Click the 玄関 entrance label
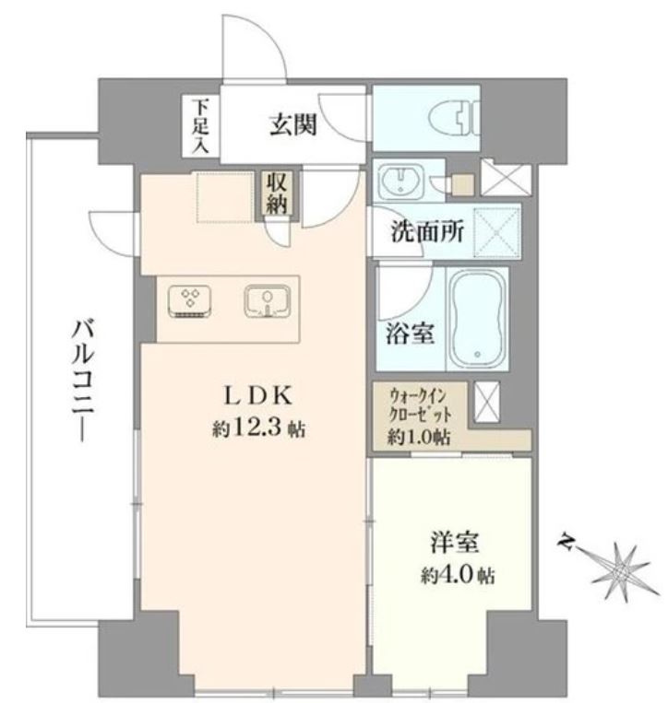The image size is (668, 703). pos(293,124)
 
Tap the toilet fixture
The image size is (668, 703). pos(454,117)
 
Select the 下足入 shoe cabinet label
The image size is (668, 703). pos(200,127)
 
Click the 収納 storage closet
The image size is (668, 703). pos(277,193)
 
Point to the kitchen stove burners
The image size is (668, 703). pos(190,301)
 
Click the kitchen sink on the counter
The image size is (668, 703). pos(268,300)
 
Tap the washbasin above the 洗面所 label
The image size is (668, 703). pos(400,182)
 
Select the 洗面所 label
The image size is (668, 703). pos(426,232)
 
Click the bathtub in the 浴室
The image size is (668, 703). pos(478,319)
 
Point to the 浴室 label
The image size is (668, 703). pos(410,334)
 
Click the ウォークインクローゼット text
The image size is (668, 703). pos(420,405)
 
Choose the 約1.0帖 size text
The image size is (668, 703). pos(418,436)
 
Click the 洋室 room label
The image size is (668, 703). pos(454,542)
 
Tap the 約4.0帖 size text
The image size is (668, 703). pos(458,574)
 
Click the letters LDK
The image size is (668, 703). pos(258,396)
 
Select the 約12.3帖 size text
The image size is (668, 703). pos(258,429)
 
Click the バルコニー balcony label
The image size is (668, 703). pos(83,381)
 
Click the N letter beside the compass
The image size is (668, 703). pos(567,542)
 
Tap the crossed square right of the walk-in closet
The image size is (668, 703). pos(486,402)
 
